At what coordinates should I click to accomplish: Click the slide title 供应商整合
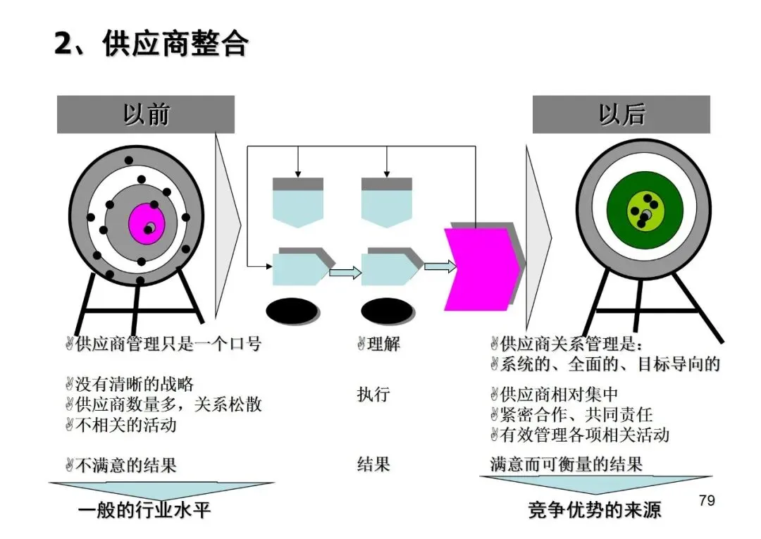(151, 44)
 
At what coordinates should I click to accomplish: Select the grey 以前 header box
(146, 115)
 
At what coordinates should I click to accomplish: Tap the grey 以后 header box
(621, 115)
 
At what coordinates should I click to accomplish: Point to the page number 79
(706, 500)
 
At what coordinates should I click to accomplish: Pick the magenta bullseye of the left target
(146, 223)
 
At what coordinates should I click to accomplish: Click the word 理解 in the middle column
(383, 345)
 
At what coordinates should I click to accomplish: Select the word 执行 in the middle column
(373, 394)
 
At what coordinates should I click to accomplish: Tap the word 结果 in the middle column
(373, 464)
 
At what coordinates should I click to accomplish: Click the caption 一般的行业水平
(144, 510)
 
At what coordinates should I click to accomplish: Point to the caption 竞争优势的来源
(595, 510)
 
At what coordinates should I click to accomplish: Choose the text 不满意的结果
(125, 465)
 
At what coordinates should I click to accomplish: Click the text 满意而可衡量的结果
(567, 464)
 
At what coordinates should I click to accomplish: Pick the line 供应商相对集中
(559, 394)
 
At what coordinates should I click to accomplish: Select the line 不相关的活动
(125, 425)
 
